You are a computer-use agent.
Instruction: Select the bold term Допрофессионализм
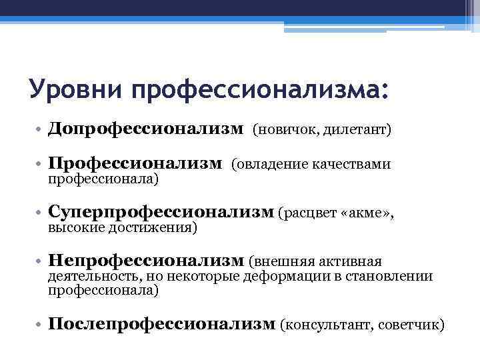(146, 128)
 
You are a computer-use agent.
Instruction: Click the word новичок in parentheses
(289, 129)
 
